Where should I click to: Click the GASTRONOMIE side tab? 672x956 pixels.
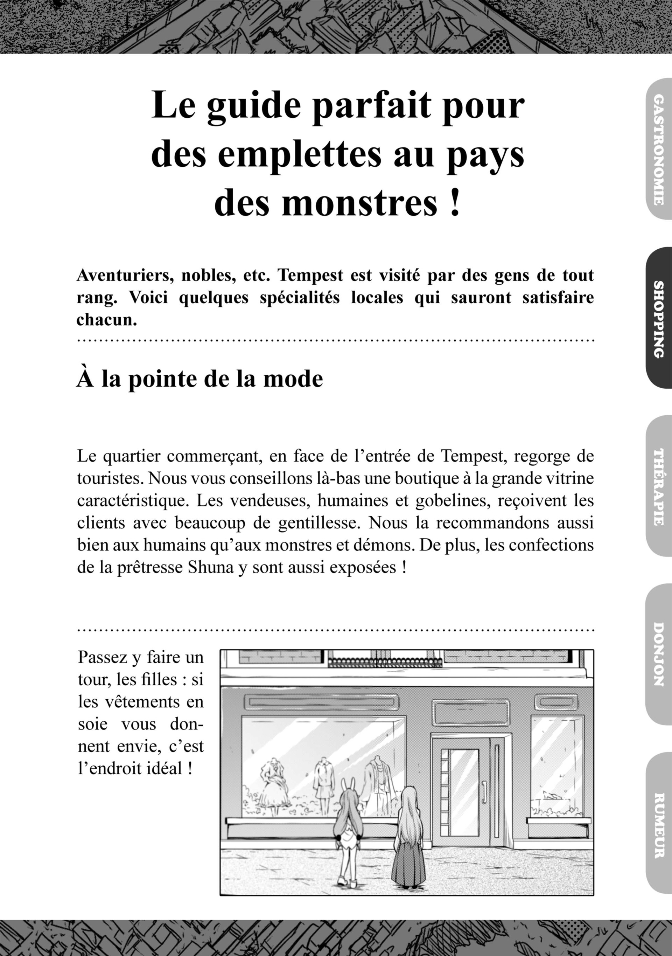tap(659, 150)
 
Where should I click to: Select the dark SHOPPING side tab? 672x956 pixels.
tap(659, 318)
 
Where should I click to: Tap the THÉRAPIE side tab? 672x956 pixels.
tap(659, 486)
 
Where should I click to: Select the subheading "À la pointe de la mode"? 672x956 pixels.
tap(200, 379)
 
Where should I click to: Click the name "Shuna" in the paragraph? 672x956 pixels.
tap(211, 568)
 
